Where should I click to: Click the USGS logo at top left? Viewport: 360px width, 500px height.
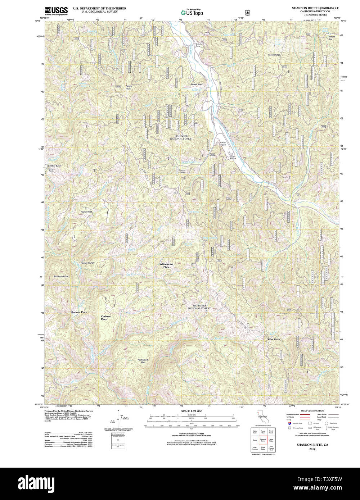(56, 11)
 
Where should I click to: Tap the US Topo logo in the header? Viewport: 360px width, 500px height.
(192, 12)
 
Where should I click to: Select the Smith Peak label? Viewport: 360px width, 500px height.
(129, 87)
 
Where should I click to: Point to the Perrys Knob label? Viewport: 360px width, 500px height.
(197, 85)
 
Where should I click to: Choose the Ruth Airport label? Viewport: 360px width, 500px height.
(223, 144)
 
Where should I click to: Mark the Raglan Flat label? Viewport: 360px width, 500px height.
(86, 212)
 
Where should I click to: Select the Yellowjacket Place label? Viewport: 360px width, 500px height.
(166, 265)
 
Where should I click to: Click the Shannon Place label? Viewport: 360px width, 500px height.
(78, 312)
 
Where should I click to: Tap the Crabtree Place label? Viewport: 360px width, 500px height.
(104, 318)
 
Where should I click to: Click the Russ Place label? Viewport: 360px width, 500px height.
(274, 339)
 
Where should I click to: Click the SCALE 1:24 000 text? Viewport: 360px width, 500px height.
(192, 411)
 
